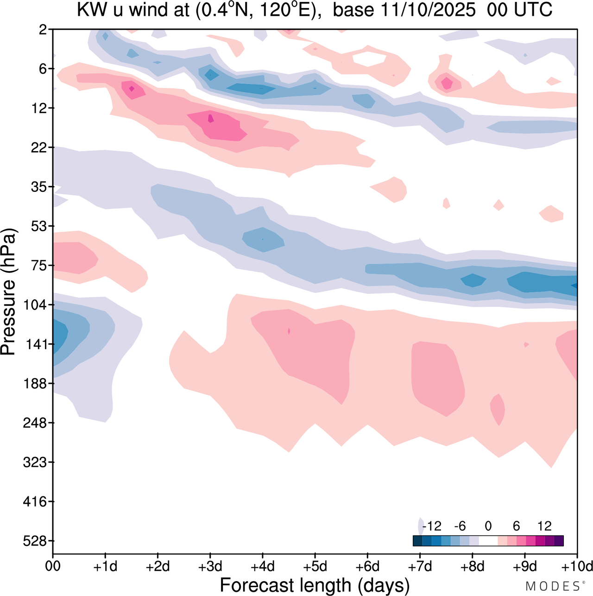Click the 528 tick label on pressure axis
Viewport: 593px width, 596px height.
[x=35, y=541]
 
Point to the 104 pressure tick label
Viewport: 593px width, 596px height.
[x=35, y=305]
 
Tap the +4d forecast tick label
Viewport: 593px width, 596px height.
[x=263, y=566]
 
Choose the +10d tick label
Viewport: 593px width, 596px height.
[x=577, y=566]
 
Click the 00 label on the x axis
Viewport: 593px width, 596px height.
[x=53, y=566]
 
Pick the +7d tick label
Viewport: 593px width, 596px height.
[x=420, y=566]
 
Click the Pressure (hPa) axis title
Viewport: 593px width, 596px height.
[x=8, y=292]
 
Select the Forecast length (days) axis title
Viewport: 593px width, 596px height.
[x=315, y=585]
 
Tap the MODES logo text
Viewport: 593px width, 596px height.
[x=552, y=586]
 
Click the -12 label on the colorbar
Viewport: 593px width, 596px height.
[x=432, y=526]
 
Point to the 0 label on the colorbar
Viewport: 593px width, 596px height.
[x=488, y=526]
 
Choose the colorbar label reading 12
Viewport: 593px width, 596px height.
[x=544, y=526]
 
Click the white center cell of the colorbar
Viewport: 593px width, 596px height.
[x=488, y=541]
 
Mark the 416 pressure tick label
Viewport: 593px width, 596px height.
[x=35, y=501]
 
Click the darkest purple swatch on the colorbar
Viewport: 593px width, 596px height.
[x=559, y=541]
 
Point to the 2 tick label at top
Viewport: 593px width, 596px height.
[x=43, y=30]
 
